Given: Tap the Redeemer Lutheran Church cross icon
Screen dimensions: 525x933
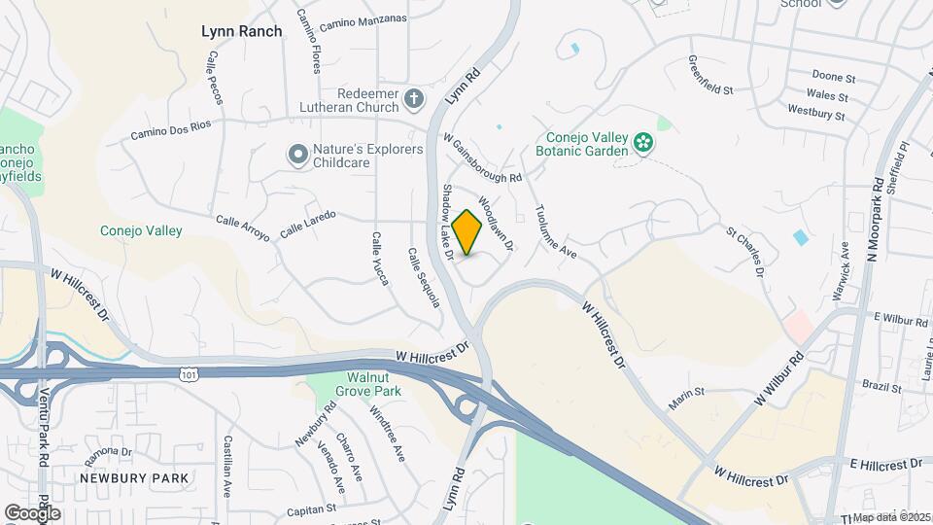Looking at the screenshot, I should [414, 98].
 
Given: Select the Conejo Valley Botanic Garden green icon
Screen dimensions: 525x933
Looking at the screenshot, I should [642, 144].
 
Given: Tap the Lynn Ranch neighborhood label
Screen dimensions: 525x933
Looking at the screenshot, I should [242, 31].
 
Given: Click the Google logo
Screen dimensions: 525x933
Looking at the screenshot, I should [32, 512].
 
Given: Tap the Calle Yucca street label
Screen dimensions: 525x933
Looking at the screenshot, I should [380, 259].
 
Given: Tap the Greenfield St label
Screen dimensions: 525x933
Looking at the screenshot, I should [710, 74].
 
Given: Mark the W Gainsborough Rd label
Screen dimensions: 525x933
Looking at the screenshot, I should [483, 160].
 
